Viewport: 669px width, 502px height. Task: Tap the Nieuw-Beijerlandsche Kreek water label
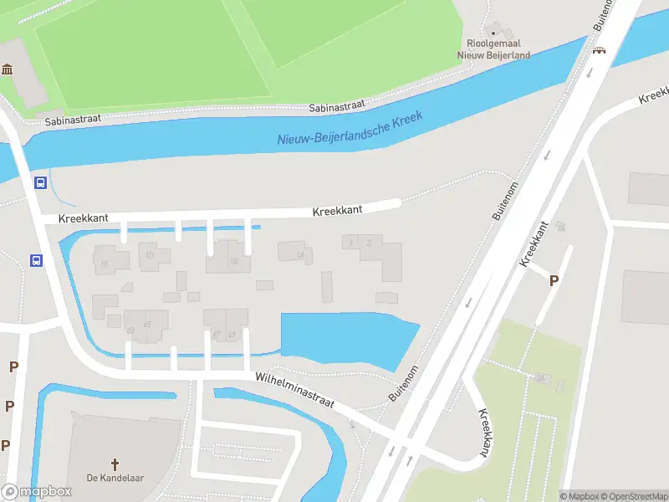(x=351, y=131)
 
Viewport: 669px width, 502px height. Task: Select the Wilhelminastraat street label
(x=295, y=390)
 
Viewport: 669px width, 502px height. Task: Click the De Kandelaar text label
(x=116, y=479)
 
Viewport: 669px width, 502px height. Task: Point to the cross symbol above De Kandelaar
(x=116, y=463)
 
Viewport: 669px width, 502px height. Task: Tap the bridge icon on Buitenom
(x=599, y=50)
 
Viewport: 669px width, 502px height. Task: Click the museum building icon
(x=8, y=69)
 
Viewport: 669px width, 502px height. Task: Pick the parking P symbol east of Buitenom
(x=554, y=281)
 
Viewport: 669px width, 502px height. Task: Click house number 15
(x=104, y=264)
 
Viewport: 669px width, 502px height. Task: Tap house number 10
(x=151, y=255)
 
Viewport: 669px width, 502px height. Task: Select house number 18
(x=234, y=261)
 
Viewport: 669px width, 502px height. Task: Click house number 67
(x=217, y=334)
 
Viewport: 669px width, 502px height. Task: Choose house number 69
(x=232, y=334)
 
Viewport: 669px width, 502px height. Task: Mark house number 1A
(x=299, y=255)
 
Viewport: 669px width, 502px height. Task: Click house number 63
(x=130, y=331)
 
